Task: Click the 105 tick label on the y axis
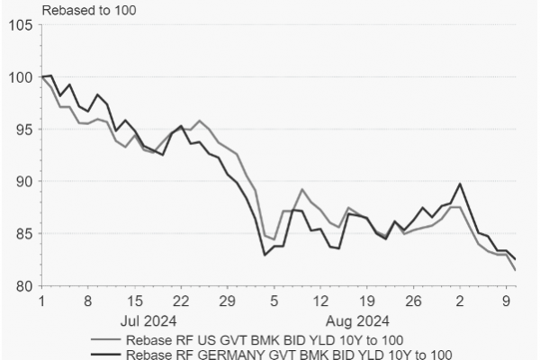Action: coord(19,25)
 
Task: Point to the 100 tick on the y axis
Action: coord(19,77)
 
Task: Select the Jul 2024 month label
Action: coord(146,319)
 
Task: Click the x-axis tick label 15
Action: coord(135,301)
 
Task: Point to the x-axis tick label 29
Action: coord(228,301)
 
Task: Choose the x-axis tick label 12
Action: coord(320,301)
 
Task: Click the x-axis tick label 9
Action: coord(507,301)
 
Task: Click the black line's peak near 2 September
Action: coord(460,184)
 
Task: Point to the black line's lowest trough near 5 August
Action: coord(265,255)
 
